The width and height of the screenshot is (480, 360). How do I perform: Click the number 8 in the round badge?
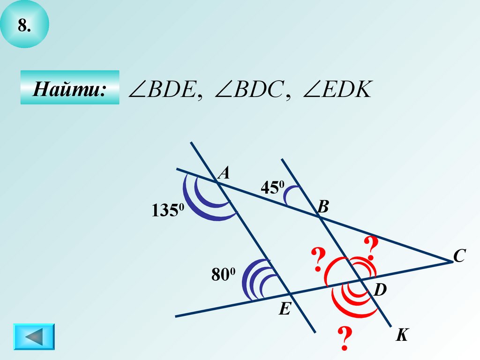[24, 26]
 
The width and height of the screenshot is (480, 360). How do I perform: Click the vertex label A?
[225, 174]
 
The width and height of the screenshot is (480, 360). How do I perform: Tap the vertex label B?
[323, 207]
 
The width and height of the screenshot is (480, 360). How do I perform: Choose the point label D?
[380, 291]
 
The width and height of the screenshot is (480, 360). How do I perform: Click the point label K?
[402, 335]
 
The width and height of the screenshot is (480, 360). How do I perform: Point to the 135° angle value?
[168, 211]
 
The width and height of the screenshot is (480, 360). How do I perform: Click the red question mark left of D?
[318, 260]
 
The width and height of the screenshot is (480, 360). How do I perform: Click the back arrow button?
[34, 337]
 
